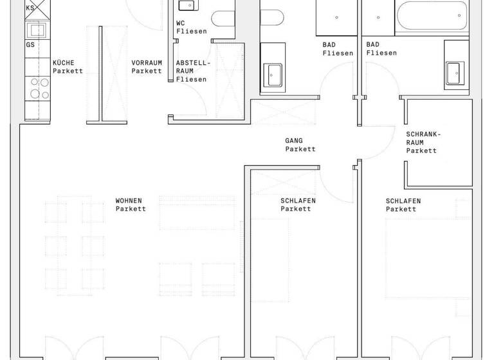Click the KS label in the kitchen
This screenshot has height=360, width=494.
30,8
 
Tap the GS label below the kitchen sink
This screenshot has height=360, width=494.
30,45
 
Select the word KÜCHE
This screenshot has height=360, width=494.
63,62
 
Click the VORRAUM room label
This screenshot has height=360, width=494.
146,62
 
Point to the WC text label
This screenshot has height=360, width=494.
181,22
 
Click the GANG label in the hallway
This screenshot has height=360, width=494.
294,140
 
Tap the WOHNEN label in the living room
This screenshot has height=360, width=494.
129,201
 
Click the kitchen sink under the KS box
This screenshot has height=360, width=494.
35,30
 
